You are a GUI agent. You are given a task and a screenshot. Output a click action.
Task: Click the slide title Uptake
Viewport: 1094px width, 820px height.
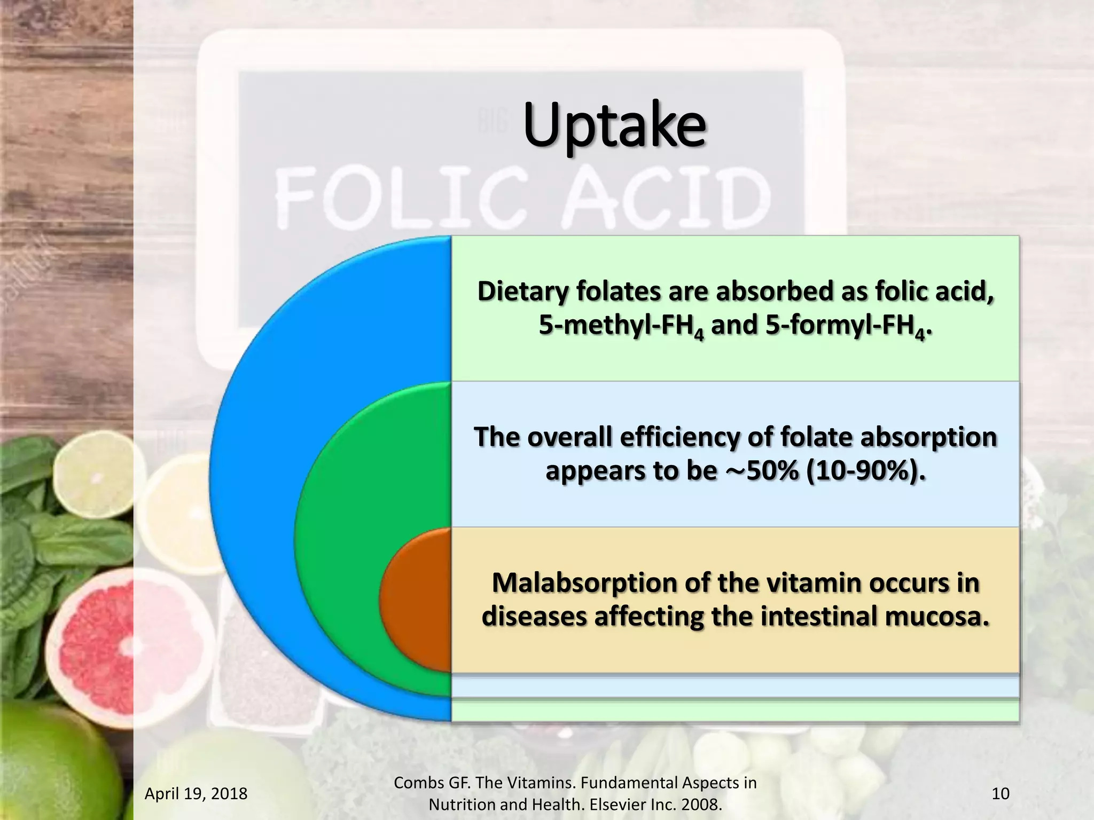point(614,127)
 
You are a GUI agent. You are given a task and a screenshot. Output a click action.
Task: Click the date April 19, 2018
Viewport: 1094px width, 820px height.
point(196,793)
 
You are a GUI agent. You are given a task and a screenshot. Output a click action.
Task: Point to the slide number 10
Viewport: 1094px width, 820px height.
point(1000,793)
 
